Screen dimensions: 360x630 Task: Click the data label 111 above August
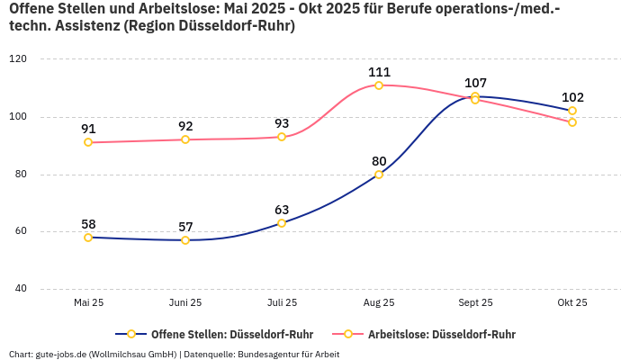379,72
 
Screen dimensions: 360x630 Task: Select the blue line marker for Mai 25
88,238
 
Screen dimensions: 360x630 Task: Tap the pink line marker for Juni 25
185,139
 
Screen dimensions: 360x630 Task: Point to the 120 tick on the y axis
18,59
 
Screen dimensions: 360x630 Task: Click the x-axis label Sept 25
475,303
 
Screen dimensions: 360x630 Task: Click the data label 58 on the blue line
88,224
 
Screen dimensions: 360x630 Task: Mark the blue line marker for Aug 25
379,175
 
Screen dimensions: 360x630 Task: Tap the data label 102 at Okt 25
572,98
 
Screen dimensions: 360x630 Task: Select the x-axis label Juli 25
282,303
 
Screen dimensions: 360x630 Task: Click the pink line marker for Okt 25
572,122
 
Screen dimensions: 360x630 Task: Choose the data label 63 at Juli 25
282,210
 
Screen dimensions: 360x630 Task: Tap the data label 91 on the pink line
88,129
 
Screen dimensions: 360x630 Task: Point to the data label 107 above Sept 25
475,83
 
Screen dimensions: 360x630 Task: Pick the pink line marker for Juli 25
282,137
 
